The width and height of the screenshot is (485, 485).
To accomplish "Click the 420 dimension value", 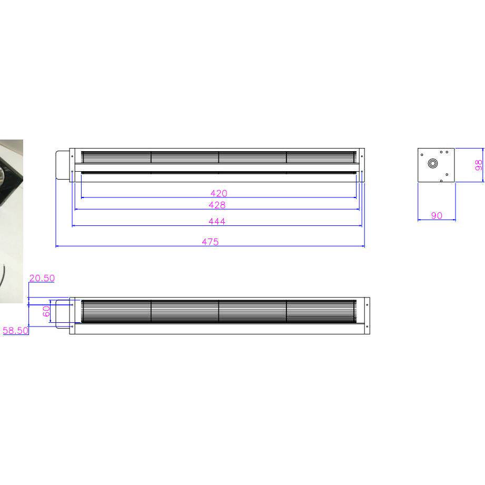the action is pyautogui.click(x=219, y=193).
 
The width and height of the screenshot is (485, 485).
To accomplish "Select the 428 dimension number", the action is pyautogui.click(x=217, y=205).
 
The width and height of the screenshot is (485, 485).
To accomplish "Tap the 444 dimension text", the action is pyautogui.click(x=217, y=222).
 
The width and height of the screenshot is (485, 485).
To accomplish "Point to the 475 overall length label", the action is pyautogui.click(x=210, y=242).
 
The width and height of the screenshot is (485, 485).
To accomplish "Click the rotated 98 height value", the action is pyautogui.click(x=478, y=165).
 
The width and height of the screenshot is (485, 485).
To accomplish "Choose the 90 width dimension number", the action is pyautogui.click(x=437, y=215).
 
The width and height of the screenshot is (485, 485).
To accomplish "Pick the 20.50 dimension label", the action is pyautogui.click(x=42, y=278).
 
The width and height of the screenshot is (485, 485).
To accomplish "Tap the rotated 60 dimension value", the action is pyautogui.click(x=46, y=311).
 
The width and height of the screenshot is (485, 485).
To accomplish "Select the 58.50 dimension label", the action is pyautogui.click(x=15, y=331).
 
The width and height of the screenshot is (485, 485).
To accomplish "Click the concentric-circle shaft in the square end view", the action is pyautogui.click(x=433, y=163).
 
